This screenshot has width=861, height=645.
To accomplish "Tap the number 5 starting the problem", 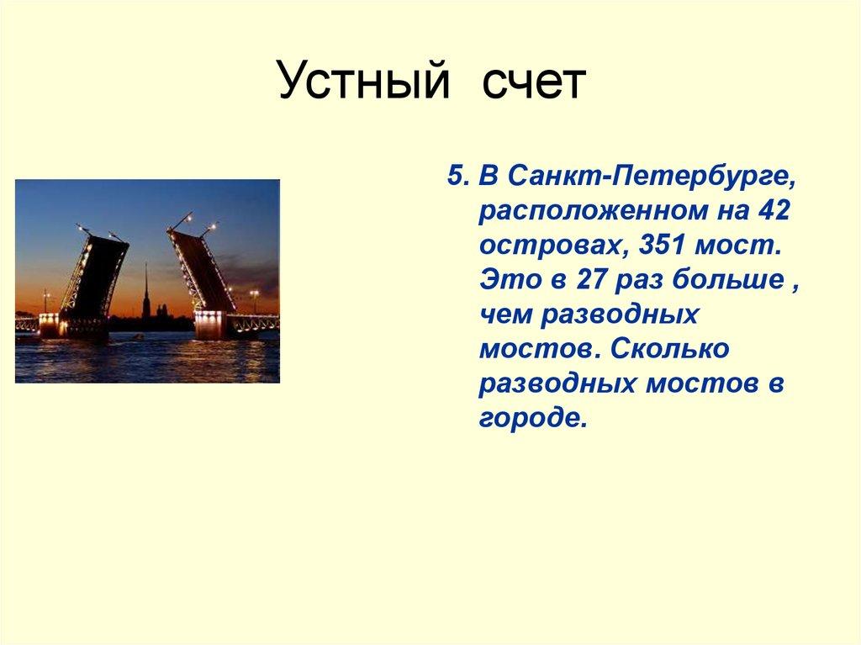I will coord(455,177).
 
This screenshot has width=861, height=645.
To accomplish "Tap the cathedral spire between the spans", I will coord(145,290).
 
